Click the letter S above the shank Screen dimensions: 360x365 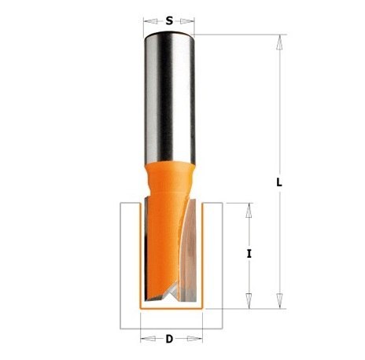point(168,21)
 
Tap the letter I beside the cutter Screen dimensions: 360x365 point(249,253)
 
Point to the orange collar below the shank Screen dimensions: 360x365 point(168,175)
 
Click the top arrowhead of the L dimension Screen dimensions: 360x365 point(278,41)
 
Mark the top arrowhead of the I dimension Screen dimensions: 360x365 point(249,208)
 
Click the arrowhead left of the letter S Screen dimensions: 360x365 point(147,21)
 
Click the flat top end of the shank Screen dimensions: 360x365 point(168,35)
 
